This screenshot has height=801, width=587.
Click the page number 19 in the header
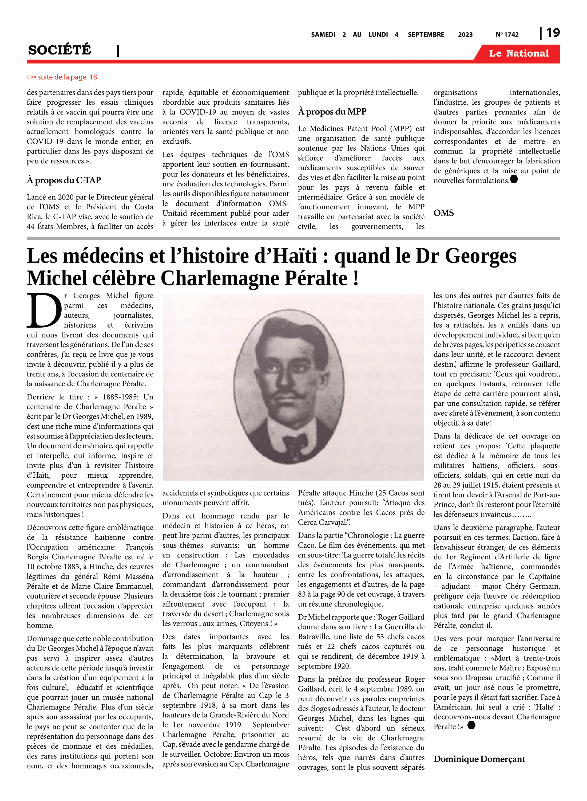pyautogui.click(x=553, y=33)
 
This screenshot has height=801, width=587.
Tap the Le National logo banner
pyautogui.click(x=518, y=53)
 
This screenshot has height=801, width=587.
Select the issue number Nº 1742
pyautogui.click(x=507, y=34)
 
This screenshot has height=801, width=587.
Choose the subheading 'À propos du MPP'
pyautogui.click(x=332, y=112)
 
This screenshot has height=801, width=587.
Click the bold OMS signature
pyautogui.click(x=443, y=213)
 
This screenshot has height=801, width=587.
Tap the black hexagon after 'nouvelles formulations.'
pyautogui.click(x=514, y=179)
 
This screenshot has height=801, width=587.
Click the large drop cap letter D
pyautogui.click(x=44, y=310)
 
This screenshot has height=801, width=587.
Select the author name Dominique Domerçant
pyautogui.click(x=479, y=759)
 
